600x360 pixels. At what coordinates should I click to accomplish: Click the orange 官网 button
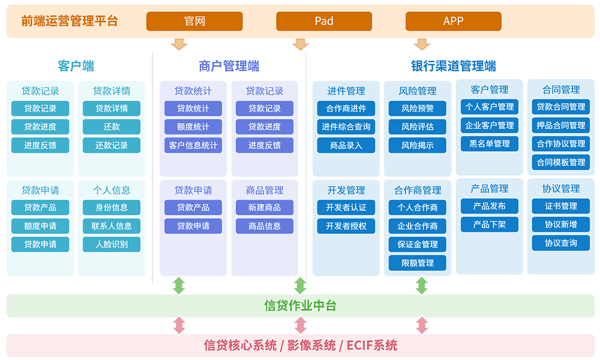pyautogui.click(x=194, y=21)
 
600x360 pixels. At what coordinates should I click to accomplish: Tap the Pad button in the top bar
pyautogui.click(x=324, y=21)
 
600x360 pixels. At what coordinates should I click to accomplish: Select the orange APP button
pyautogui.click(x=454, y=21)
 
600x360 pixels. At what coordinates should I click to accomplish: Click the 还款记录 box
pyautogui.click(x=112, y=145)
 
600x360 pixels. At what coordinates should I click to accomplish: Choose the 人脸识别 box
pyautogui.click(x=112, y=244)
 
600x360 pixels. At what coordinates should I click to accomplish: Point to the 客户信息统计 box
pyautogui.click(x=193, y=145)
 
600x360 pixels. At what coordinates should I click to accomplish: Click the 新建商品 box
pyautogui.click(x=265, y=208)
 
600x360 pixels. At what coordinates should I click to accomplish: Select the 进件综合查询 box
pyautogui.click(x=346, y=127)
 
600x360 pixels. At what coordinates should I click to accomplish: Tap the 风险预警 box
pyautogui.click(x=418, y=108)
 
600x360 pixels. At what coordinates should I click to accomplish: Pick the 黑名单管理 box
pyautogui.click(x=490, y=144)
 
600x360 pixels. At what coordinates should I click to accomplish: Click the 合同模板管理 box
pyautogui.click(x=561, y=162)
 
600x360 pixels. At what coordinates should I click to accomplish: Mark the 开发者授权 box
pyautogui.click(x=346, y=226)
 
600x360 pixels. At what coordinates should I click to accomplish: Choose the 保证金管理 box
pyautogui.click(x=418, y=244)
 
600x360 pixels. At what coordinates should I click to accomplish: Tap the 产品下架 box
pyautogui.click(x=490, y=224)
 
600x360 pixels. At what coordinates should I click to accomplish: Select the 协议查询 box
pyautogui.click(x=561, y=243)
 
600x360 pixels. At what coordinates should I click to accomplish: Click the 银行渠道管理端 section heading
pyautogui.click(x=454, y=66)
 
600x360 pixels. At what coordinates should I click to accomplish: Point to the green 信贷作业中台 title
pyautogui.click(x=301, y=305)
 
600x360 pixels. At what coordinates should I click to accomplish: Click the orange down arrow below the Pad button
pyautogui.click(x=301, y=44)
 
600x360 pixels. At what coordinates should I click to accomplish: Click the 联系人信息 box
pyautogui.click(x=112, y=226)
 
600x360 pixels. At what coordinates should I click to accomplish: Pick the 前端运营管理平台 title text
pyautogui.click(x=69, y=21)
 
